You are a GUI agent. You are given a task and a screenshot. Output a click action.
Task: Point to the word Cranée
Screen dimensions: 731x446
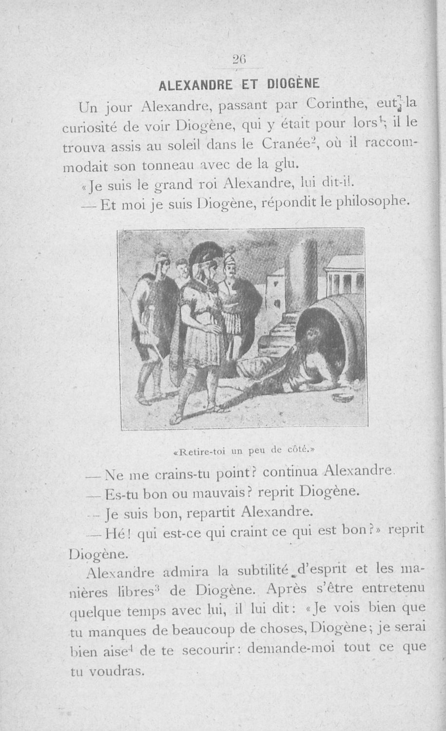(x=283, y=144)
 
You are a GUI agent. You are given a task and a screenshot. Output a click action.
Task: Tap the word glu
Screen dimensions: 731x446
(x=283, y=165)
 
